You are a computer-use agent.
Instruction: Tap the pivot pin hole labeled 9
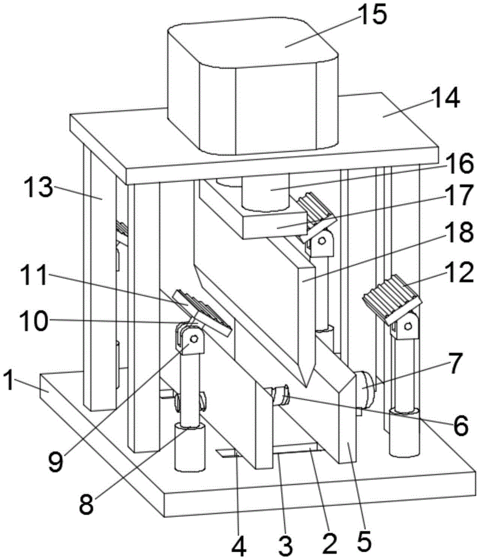[193, 339]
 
